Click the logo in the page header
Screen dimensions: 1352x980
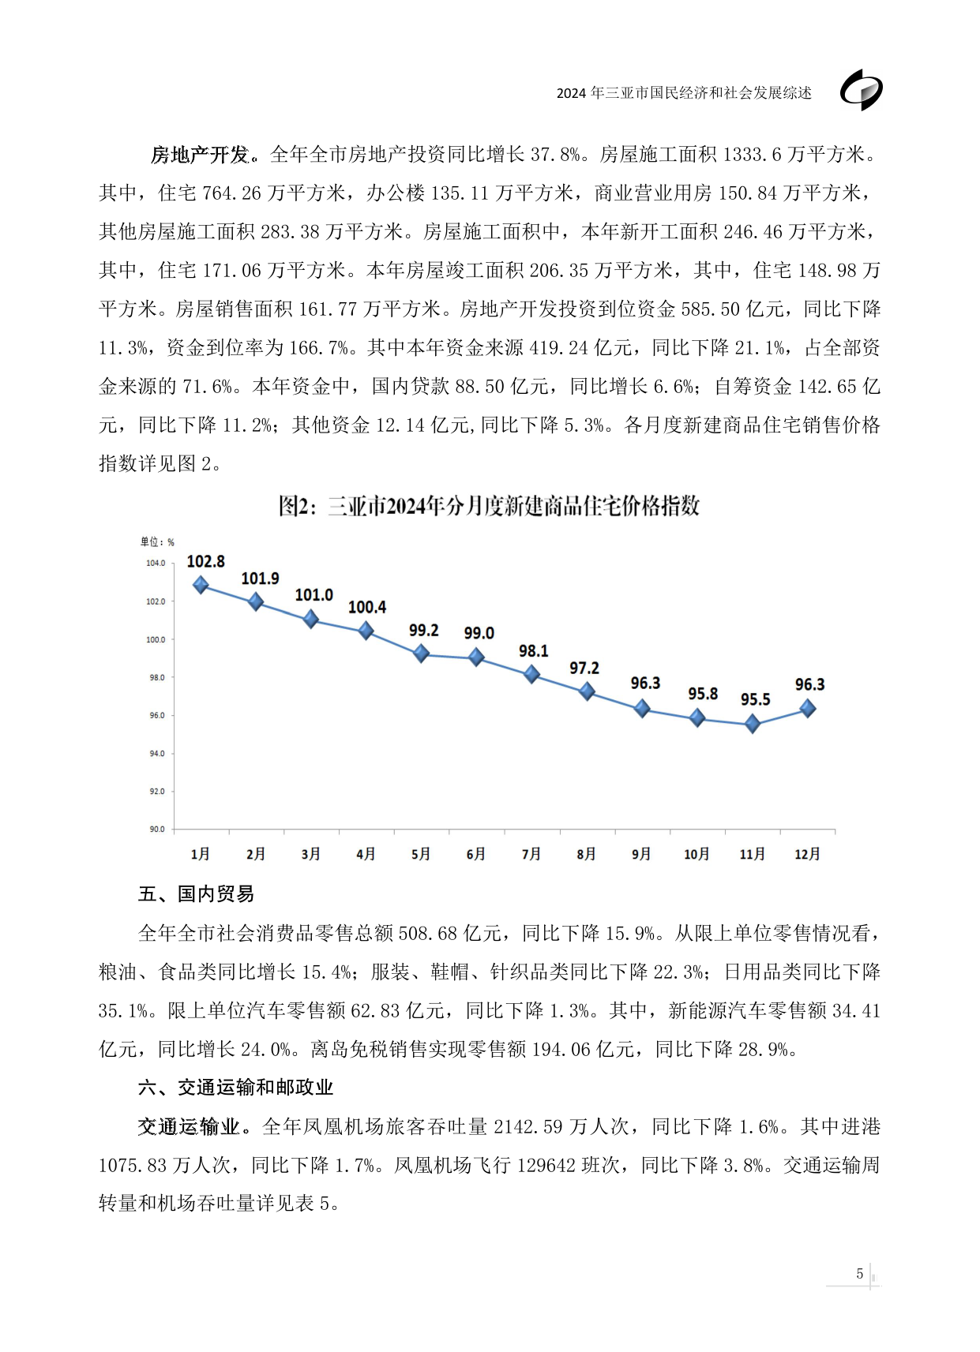point(861,90)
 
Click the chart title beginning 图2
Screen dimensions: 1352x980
point(489,506)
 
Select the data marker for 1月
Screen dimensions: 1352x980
point(201,585)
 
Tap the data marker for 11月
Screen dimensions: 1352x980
point(753,724)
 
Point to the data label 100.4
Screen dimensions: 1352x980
point(367,607)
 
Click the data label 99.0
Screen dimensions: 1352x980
point(479,633)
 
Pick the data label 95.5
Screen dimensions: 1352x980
point(755,699)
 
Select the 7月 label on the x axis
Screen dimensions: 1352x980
point(531,854)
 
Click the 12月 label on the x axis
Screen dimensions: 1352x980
point(807,854)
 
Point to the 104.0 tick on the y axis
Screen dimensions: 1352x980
point(156,563)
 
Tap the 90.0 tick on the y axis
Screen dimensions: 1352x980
point(156,829)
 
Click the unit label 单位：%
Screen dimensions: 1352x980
point(157,541)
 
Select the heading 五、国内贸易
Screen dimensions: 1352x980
point(196,893)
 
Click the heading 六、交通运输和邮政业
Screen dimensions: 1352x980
point(235,1087)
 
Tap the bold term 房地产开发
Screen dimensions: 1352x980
point(200,155)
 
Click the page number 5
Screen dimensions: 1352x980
point(859,1273)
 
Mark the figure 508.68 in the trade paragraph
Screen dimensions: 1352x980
point(428,933)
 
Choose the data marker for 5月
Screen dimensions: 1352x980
point(422,654)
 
